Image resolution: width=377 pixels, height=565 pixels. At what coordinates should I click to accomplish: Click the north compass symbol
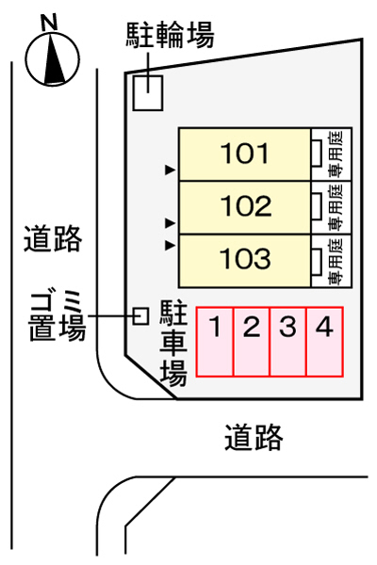[53, 58]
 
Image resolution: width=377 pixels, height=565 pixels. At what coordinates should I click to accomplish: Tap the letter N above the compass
[49, 23]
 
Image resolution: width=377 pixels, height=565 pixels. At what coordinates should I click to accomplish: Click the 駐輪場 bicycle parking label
[170, 35]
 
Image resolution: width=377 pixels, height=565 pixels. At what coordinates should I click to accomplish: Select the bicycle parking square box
[148, 92]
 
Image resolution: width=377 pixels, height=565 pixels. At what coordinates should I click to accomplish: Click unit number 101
[245, 153]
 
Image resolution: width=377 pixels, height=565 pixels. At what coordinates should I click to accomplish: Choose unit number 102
[246, 205]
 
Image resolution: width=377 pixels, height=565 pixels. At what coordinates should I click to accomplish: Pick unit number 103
[245, 258]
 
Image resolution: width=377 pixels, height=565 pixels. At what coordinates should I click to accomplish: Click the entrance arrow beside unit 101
[170, 170]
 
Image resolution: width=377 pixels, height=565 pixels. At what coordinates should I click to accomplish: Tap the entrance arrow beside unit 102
[170, 223]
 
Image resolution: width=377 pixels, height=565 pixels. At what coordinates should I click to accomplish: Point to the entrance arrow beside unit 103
[170, 246]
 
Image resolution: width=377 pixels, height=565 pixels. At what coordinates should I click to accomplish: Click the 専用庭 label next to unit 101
[336, 153]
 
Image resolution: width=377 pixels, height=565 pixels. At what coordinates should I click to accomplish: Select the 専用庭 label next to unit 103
[336, 261]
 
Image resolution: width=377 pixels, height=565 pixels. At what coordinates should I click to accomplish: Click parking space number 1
[215, 327]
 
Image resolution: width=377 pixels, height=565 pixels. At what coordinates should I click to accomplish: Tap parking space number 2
[252, 327]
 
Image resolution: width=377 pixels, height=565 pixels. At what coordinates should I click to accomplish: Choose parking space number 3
[287, 327]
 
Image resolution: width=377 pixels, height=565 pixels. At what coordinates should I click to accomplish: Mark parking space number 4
[324, 327]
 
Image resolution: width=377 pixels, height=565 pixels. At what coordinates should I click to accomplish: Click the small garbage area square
[140, 316]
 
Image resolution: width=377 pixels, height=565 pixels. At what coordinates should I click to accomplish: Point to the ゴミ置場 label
[57, 317]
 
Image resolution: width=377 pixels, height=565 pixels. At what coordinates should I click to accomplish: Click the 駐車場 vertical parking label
[173, 344]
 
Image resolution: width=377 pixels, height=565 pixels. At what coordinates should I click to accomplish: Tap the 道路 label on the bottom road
[254, 438]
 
